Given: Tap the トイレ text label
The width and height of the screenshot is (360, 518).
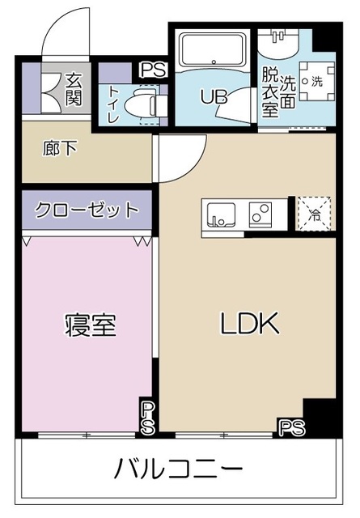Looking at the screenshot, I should point(112,104).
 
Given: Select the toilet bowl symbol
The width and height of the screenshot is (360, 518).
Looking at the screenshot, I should point(146,103).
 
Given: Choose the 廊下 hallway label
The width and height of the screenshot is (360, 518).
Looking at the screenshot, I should point(55,151).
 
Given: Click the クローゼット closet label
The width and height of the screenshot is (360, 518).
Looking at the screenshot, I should point(86,210).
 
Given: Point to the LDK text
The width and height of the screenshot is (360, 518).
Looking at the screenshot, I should point(251,324).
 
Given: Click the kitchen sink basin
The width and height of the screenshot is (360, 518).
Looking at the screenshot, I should point(219,216).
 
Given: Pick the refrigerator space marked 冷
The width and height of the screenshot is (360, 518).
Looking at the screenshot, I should point(315,214).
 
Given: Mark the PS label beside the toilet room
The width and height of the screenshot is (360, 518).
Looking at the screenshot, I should point(152,70).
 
